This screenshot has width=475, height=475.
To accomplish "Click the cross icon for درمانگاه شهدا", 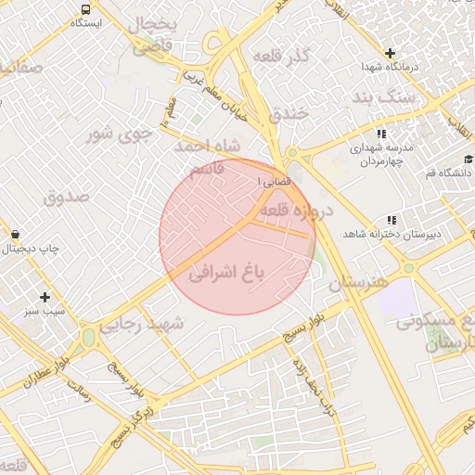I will (391, 53).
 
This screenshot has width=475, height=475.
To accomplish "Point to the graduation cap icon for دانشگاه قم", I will (469, 159).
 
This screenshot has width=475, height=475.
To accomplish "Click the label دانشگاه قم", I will (448, 173).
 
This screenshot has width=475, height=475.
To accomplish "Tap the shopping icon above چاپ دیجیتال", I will (16, 234).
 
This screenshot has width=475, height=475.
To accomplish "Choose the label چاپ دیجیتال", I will (29, 249).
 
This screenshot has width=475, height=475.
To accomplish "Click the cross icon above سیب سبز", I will (44, 296).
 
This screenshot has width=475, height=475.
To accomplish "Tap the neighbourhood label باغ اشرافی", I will (227, 272).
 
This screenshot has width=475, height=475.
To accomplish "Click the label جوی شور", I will (118, 135).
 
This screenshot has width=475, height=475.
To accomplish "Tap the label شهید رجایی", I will (150, 324).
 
